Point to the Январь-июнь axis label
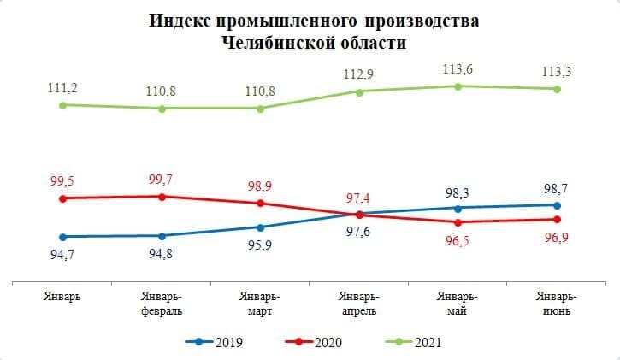pos(557,304)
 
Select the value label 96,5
pos(458,240)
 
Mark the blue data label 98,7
pos(557,186)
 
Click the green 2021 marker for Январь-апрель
pos(359,91)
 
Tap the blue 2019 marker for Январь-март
pos(260,227)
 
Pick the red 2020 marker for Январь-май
pos(458,222)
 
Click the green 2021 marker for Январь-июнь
pos(558,89)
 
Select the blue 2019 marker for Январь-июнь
pos(558,205)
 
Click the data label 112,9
pos(358,74)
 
